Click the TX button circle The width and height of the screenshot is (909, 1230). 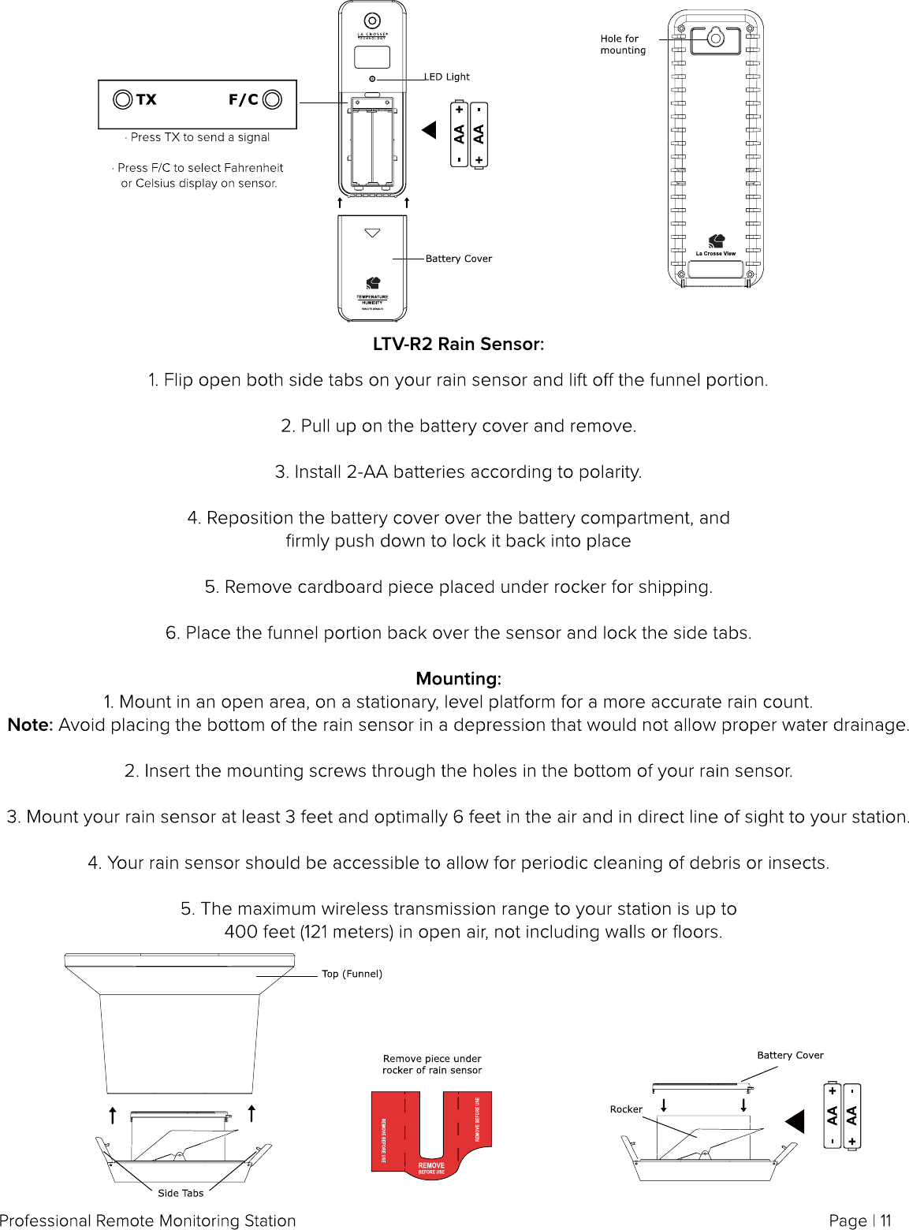[x=123, y=99]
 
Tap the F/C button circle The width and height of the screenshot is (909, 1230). [x=272, y=99]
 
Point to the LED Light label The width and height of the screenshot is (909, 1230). [x=447, y=76]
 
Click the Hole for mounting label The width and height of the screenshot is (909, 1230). [x=622, y=44]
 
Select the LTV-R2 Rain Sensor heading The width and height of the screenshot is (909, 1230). [x=458, y=344]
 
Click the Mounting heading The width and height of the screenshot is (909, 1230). [x=458, y=679]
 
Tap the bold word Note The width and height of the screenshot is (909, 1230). [x=30, y=725]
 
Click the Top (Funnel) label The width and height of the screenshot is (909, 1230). [x=352, y=974]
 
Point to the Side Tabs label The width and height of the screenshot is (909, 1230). [x=181, y=1193]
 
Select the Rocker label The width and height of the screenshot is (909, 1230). [x=626, y=1109]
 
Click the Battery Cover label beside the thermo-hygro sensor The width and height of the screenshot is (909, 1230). [x=458, y=259]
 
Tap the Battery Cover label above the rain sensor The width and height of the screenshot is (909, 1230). [x=790, y=1055]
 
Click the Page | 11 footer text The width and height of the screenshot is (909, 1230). [x=859, y=1221]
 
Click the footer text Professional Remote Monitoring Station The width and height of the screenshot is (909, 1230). [x=148, y=1221]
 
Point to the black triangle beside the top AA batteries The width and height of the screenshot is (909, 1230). [x=430, y=130]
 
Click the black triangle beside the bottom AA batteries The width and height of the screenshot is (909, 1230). [x=795, y=1121]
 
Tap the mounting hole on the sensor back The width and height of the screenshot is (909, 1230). [x=715, y=36]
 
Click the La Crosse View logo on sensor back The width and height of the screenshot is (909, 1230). [x=716, y=244]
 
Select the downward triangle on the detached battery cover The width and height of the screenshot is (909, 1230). [x=372, y=233]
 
